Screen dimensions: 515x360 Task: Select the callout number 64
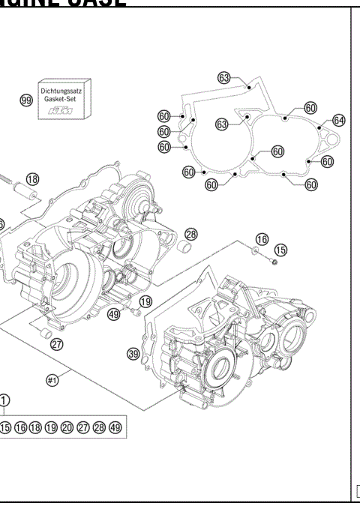coord(338,120)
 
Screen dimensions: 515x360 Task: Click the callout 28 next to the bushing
coord(191,234)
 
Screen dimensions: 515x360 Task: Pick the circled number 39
coord(134,353)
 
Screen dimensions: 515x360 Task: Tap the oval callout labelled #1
coord(53,380)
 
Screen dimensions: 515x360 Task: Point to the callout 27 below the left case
coord(57,345)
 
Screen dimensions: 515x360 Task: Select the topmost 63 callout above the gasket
coord(223,77)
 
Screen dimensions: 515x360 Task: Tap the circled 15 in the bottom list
coord(5,428)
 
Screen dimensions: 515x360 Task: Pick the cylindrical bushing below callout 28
coord(182,247)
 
